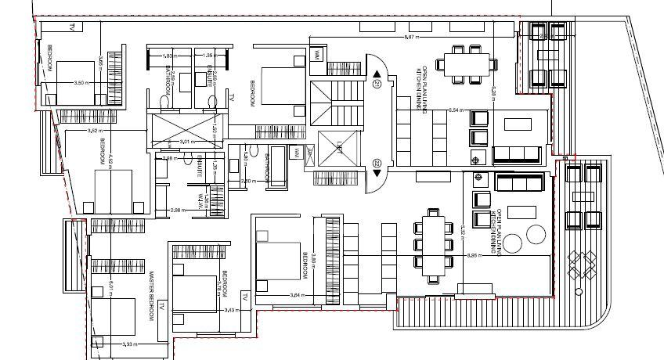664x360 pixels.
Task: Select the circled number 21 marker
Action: tap(377, 84)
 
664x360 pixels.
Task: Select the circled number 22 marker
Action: tap(377, 164)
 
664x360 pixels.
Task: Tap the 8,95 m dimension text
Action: tap(472, 255)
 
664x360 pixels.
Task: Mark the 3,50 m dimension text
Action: tap(79, 82)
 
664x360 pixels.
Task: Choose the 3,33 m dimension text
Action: tap(128, 344)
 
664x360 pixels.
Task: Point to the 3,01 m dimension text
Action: tap(186, 142)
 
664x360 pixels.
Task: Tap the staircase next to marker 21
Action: tap(327, 101)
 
